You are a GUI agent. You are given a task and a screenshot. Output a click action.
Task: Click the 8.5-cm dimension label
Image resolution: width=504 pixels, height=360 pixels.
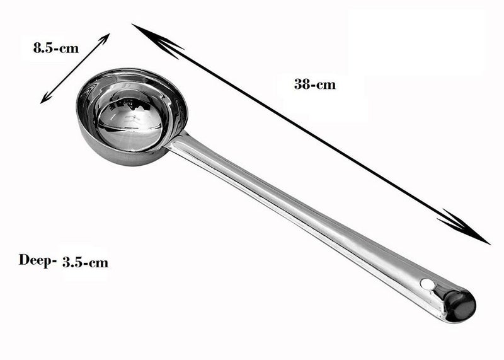56,49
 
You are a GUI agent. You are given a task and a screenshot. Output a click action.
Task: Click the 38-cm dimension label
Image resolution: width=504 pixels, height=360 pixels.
314,84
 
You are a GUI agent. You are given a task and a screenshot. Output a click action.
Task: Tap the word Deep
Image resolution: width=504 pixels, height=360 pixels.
35,260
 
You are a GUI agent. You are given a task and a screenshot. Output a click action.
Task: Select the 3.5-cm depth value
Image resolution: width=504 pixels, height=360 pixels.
85,262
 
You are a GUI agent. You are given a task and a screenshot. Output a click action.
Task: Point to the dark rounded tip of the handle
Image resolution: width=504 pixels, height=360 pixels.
462,305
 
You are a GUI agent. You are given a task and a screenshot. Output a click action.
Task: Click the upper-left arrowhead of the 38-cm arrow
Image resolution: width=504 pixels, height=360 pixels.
154,39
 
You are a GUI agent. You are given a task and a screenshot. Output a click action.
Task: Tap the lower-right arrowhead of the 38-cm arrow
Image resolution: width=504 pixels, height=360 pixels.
466,228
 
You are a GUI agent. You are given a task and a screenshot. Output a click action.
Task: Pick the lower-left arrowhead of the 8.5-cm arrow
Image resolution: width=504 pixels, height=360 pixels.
46,97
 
